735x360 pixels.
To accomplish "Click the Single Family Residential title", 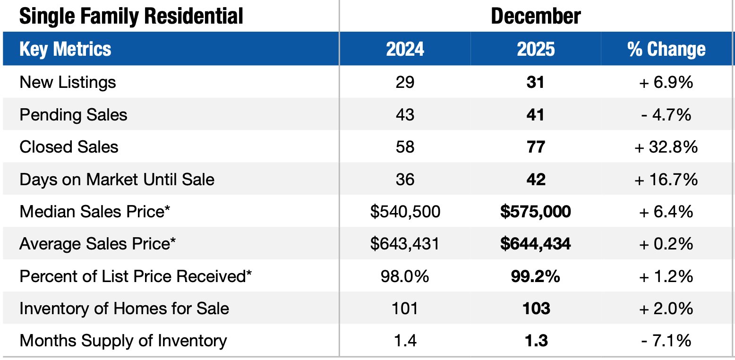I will click(131, 16).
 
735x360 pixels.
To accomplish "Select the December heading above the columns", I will click(536, 16).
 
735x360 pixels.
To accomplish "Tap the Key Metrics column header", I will click(65, 49).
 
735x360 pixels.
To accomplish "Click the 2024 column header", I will click(405, 49).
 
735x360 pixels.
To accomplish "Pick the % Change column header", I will click(666, 49).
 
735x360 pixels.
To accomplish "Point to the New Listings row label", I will click(68, 82).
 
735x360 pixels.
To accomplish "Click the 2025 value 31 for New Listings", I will click(535, 82).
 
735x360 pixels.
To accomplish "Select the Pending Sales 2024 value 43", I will click(405, 115).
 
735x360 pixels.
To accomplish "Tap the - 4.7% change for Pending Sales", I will click(666, 115).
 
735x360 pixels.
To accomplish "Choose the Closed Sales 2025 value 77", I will click(535, 147).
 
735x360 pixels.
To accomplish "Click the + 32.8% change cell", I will click(666, 147).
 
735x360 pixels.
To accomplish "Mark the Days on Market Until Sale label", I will click(117, 180).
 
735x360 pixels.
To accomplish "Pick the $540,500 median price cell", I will click(405, 212).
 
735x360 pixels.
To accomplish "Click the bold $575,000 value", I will click(535, 212).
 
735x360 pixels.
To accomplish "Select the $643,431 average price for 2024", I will click(405, 244).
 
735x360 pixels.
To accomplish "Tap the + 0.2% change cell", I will click(666, 244).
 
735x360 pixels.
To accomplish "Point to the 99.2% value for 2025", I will click(535, 276).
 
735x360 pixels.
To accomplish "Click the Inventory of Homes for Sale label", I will click(124, 309).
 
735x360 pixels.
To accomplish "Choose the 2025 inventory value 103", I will click(535, 309).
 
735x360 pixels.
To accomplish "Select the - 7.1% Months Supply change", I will click(666, 341).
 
